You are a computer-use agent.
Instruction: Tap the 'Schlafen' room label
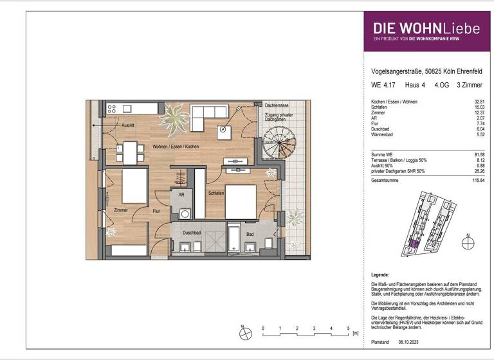tap(215, 192)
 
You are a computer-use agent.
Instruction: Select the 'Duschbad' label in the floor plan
tap(191, 233)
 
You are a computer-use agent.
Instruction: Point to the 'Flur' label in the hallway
tap(156, 210)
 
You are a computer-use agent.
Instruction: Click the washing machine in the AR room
tap(185, 213)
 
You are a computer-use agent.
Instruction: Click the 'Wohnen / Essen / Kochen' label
tap(176, 147)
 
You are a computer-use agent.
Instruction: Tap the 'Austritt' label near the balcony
tap(131, 126)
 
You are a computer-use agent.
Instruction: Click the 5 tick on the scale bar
tap(349, 328)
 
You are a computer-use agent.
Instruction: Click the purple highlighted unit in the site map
tap(415, 243)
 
